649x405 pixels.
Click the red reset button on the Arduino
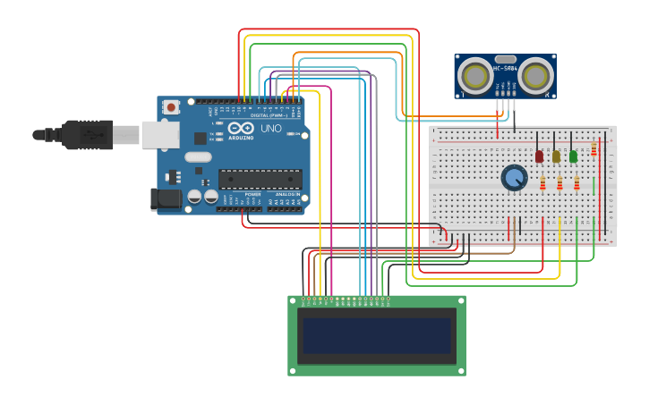(171, 107)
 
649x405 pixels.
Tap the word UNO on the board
(271, 129)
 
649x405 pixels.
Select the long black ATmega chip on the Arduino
(260, 178)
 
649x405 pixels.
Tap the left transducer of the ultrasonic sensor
(474, 76)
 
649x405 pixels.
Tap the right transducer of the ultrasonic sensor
(535, 76)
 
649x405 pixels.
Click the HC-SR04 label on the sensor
(505, 68)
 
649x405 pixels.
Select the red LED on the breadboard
(539, 156)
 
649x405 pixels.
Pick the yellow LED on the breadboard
(556, 156)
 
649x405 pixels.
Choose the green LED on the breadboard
(573, 156)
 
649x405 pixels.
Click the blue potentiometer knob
(514, 178)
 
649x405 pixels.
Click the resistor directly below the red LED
(542, 183)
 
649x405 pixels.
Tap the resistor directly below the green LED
(576, 183)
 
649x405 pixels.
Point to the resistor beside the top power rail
(593, 149)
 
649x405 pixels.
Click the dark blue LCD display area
(377, 335)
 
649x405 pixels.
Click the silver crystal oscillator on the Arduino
(199, 157)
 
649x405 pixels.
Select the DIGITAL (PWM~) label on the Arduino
(269, 115)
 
